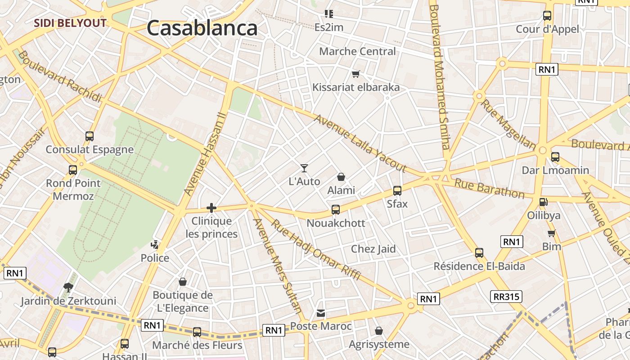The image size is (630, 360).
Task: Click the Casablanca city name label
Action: coord(202,28)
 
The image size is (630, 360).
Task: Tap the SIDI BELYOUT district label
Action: coord(71,23)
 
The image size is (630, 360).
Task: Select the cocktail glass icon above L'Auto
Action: coord(305,168)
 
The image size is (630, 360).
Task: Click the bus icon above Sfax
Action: coord(397,190)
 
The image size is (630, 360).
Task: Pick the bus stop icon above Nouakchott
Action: coord(336,209)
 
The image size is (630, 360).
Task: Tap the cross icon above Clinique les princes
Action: coord(211,207)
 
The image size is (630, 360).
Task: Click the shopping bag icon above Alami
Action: coord(341,177)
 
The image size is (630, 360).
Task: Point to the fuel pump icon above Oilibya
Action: coord(544,202)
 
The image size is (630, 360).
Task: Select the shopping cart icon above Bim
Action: coord(552,233)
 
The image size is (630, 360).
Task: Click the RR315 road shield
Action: coord(506,297)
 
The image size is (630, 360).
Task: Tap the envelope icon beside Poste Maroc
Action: coord(321,313)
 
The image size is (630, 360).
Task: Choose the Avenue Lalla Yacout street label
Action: coord(360,143)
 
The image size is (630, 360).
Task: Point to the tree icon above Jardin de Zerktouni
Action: coord(68,287)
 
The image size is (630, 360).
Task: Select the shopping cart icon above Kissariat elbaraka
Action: coord(356,74)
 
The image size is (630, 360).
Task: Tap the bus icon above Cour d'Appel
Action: coord(547,16)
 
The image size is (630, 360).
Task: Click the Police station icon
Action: coord(155,245)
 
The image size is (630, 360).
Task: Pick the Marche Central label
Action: coord(357,51)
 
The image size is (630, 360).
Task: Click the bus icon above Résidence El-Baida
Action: coord(479,253)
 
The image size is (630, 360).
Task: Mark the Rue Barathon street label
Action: coord(489,188)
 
